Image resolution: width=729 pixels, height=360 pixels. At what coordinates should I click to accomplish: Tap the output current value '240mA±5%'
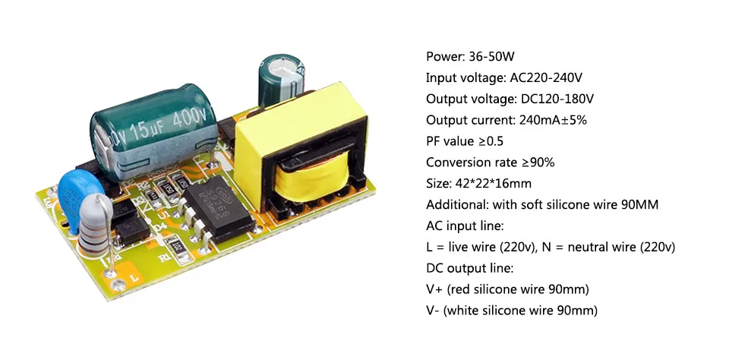553,120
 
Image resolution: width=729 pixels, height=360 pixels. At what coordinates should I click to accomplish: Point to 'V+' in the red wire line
434,290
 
